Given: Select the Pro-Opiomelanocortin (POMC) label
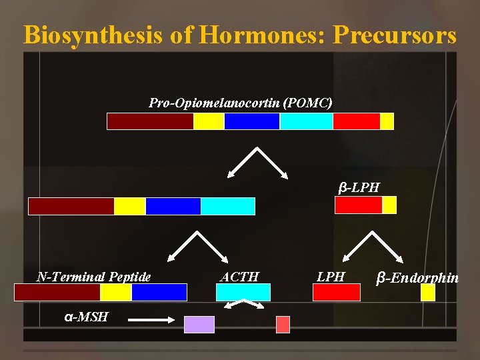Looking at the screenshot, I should point(240,103).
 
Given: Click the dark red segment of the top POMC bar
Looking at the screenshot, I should point(150,121).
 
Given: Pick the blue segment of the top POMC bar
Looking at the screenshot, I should point(251,121).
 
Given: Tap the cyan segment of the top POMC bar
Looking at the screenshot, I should point(306,121).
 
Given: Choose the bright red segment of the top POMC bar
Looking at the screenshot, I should point(356,121).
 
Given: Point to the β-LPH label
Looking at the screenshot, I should point(359,187).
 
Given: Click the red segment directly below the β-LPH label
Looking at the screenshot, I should point(358,205).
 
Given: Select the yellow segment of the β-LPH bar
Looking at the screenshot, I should point(389,205).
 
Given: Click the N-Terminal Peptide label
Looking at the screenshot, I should point(94,277).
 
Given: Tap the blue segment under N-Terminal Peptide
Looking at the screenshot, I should point(159,293).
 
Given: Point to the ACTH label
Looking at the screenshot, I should point(240,277).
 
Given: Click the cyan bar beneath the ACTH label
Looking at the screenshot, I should point(243,293).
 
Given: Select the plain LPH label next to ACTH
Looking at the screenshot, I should point(331,277).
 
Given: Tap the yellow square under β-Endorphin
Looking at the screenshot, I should point(428,293).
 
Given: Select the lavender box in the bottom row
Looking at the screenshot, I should point(199,324).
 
